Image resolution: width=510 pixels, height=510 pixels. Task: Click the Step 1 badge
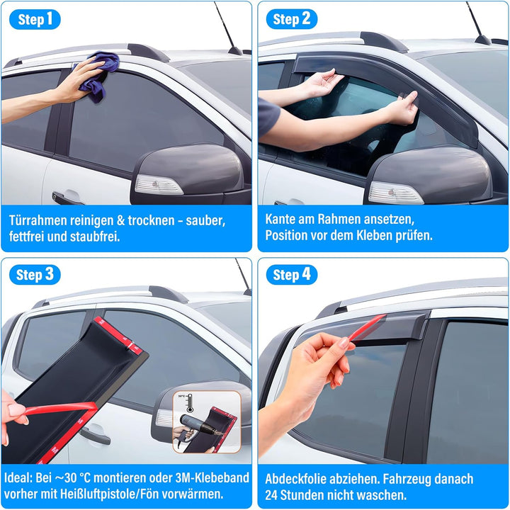point(35,19)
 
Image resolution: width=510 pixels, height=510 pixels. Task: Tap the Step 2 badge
point(291,19)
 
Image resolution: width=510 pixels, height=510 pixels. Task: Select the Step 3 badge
point(35,275)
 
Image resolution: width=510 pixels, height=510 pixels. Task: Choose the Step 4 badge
point(291,275)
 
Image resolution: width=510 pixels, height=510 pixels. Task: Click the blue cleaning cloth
point(99,76)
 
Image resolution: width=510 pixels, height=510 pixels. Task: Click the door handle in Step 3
point(95,434)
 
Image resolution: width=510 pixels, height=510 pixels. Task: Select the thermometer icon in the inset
point(190,403)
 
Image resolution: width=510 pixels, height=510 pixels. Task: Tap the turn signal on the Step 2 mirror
point(395,193)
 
